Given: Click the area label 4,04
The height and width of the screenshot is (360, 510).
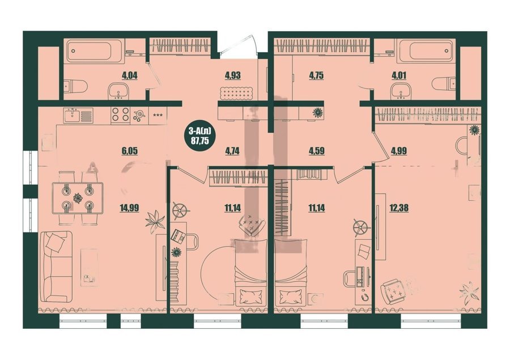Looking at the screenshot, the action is click(129, 76).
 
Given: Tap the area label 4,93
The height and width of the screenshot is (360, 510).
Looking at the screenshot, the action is click(232, 76).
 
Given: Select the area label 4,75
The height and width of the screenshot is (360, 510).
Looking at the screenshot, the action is click(316, 76).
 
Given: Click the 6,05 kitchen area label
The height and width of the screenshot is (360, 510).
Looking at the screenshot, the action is click(129, 151).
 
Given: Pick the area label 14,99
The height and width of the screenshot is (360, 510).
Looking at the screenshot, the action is click(129, 207).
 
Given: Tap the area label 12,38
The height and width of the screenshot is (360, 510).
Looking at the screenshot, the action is click(399, 207).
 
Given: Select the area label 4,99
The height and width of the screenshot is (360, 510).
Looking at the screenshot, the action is click(399, 151).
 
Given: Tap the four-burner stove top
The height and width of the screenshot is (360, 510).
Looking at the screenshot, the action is click(120, 115).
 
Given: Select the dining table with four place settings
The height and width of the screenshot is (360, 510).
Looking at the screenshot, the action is click(78, 198).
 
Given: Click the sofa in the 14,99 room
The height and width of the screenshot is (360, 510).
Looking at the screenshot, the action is click(56, 266).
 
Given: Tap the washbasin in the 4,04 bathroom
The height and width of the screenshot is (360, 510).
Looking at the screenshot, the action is click(118, 90).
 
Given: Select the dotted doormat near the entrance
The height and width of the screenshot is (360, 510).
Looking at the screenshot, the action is click(237, 94).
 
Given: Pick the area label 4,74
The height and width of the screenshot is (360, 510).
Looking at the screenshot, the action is click(232, 151).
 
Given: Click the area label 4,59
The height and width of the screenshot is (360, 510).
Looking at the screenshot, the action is click(316, 151).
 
